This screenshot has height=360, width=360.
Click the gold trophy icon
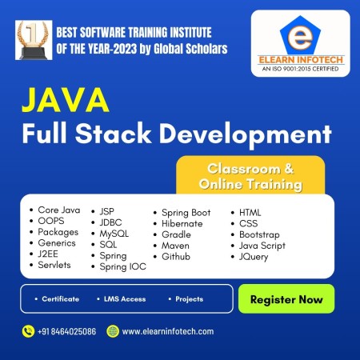pos(34,40)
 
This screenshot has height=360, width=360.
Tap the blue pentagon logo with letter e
pos(300,35)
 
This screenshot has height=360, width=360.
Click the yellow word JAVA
pos(66,100)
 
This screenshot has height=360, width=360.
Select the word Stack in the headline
pos(113,133)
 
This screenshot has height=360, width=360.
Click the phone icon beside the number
pos(28,331)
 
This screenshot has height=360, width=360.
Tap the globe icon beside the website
pos(113,331)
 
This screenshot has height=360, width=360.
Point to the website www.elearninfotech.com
pos(168,331)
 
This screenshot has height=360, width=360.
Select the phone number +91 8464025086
pos(66,331)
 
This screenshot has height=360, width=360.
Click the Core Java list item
pos(59,210)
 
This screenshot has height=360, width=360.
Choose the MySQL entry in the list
pos(114,234)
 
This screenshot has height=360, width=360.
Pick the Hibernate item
pos(182,223)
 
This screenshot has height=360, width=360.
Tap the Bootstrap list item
pos(259,234)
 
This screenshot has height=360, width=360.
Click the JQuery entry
pos(254,257)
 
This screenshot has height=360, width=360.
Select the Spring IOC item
pos(123,266)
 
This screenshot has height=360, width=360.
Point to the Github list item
pos(176,257)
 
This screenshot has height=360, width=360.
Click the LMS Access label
pos(125,299)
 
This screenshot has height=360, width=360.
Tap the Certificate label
pos(61,299)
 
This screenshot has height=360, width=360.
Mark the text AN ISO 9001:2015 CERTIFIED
pos(300,69)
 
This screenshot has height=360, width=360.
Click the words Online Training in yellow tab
pos(250,184)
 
